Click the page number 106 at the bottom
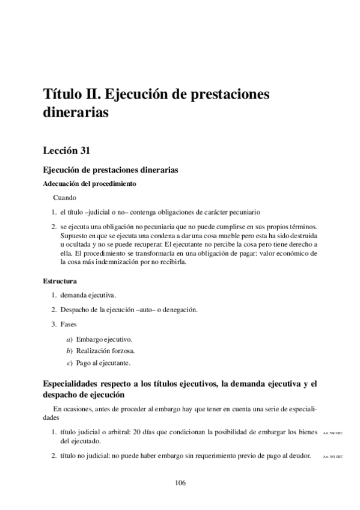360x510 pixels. tap(180, 482)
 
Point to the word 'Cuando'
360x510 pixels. tap(64, 197)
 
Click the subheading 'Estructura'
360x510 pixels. tap(59, 281)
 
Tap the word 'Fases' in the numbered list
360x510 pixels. tap(69, 324)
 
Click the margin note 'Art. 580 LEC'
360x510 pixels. tap(332, 434)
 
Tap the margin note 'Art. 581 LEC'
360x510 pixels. tap(332, 456)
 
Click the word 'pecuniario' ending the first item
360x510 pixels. tap(244, 212)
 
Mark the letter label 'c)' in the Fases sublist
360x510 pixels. tap(70, 363)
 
